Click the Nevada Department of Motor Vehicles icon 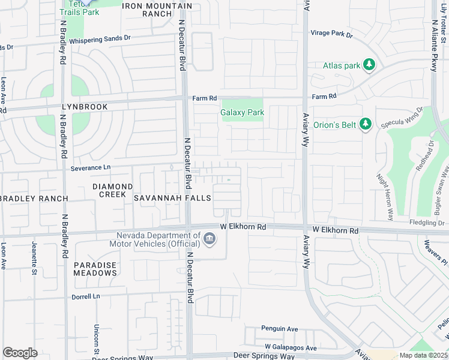point(209,239)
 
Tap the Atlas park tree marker point(370,65)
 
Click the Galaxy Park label point(241,112)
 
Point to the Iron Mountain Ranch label point(157,10)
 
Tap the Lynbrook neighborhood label point(84,107)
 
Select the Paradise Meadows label point(95,268)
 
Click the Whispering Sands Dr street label point(100,40)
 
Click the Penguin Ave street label point(279,329)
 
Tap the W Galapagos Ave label point(291,347)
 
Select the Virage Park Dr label point(331,34)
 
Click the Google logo point(20,353)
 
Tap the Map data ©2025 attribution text point(423,355)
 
